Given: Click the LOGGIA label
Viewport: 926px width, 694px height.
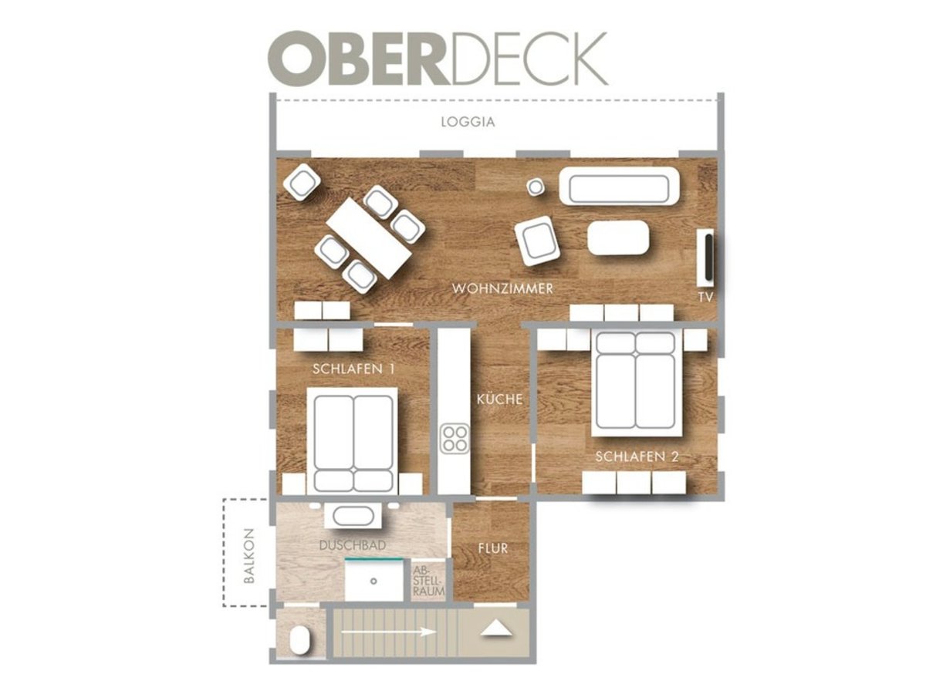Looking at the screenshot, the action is (x=468, y=122).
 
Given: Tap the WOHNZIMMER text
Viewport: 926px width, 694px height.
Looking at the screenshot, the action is (x=502, y=288).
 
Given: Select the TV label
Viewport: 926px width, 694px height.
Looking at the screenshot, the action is (x=705, y=298).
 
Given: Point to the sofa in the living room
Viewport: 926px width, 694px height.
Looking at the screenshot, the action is (x=620, y=186).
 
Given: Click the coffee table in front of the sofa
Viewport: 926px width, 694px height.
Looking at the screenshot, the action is (x=618, y=238).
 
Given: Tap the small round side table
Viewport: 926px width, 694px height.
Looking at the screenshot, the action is (x=536, y=187).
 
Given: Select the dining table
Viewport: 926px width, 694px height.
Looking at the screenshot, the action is (x=369, y=238).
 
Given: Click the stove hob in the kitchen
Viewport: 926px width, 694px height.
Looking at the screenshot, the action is (x=454, y=439).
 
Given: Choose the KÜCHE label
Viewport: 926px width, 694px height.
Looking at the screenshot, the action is (x=499, y=399).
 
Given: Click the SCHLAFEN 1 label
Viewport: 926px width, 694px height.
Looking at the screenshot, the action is (x=353, y=369).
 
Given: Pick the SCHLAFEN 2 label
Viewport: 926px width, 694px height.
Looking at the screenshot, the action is (x=637, y=456).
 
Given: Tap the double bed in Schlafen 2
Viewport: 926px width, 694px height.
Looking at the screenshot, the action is (x=636, y=383).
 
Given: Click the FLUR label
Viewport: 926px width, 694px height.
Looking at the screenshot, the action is (x=493, y=548).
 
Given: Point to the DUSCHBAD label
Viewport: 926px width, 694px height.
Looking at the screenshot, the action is (x=352, y=545).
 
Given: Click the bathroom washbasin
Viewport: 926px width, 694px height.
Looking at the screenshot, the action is (x=353, y=515).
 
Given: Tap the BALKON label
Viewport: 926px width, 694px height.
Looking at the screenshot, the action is (x=249, y=556).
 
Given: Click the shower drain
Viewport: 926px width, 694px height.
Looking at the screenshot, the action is (x=373, y=581).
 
